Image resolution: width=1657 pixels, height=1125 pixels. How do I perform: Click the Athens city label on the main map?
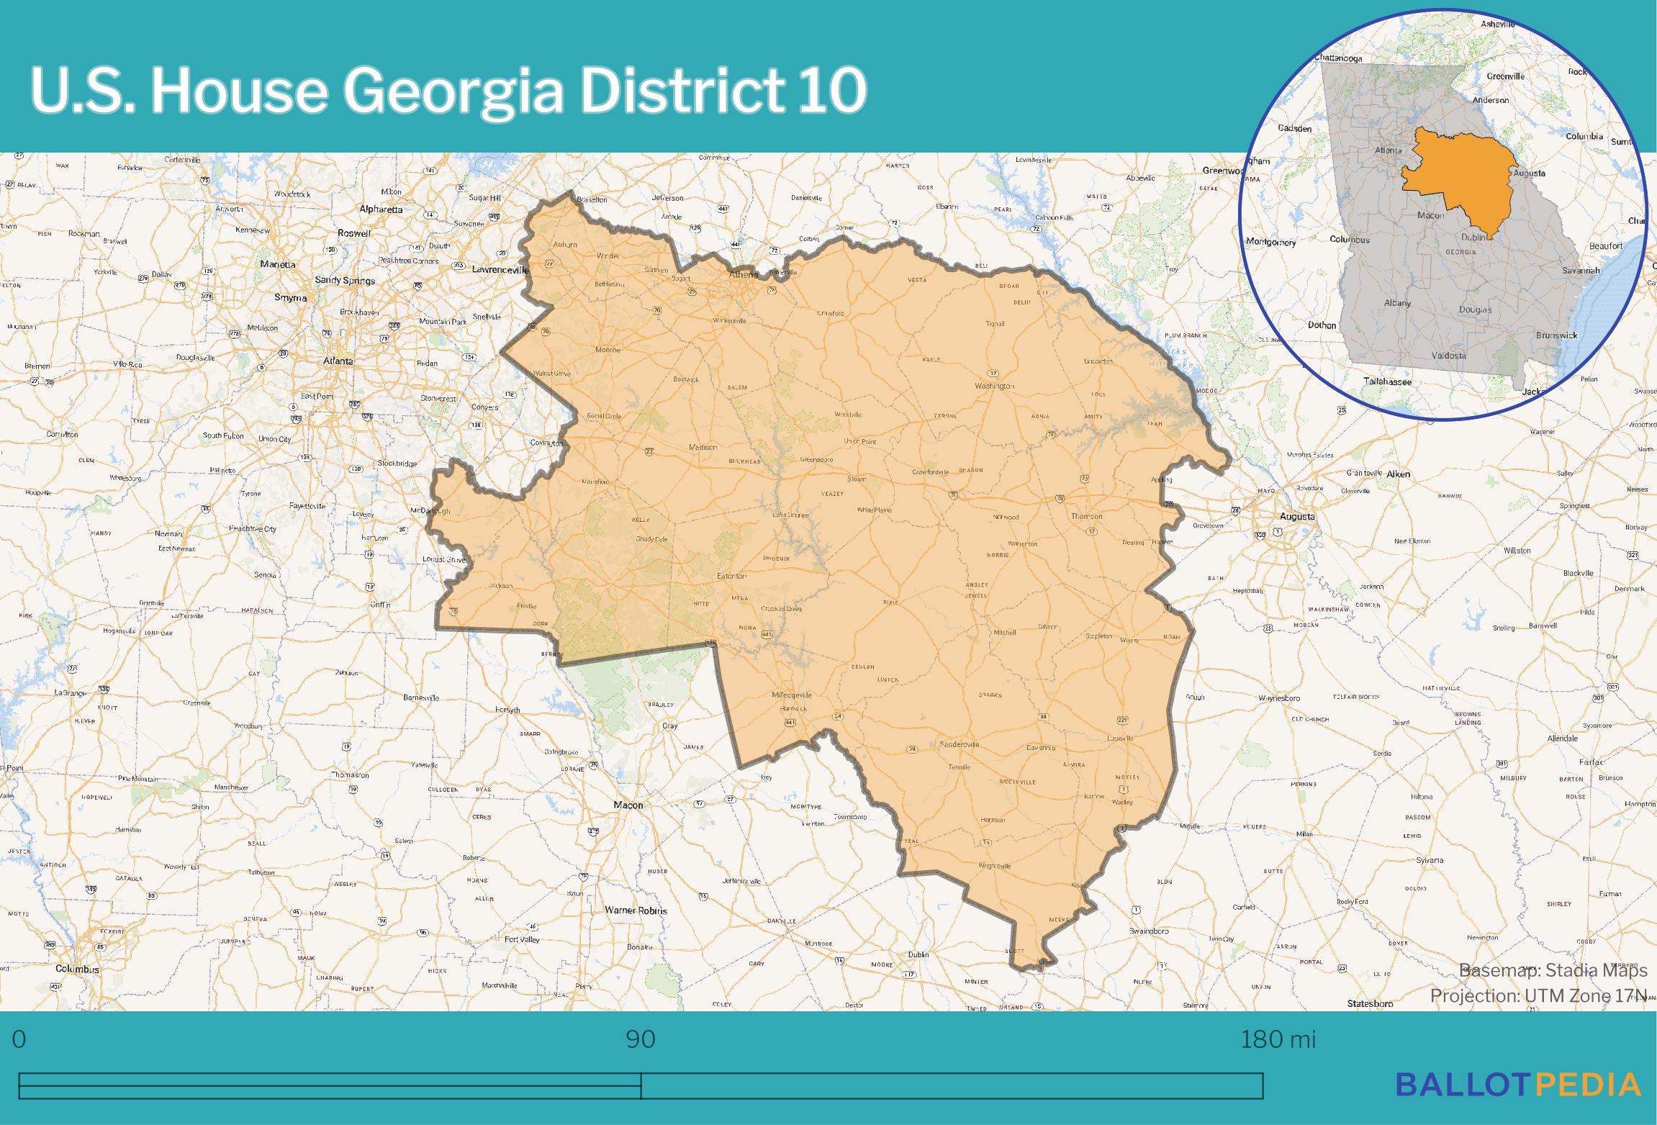tap(742, 274)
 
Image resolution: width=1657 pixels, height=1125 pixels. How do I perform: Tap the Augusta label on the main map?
tap(1297, 516)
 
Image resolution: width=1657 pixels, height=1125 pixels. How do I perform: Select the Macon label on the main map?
tap(628, 805)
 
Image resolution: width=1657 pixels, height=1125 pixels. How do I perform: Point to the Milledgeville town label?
tap(791, 695)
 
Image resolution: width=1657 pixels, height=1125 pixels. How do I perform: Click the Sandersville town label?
tap(960, 745)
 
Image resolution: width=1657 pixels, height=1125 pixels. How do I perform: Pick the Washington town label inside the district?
tap(994, 386)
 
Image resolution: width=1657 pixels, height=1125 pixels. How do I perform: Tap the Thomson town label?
tap(1086, 516)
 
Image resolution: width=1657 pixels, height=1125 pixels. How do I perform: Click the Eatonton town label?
tap(731, 576)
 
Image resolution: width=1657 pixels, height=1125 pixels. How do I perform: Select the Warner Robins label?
tap(636, 911)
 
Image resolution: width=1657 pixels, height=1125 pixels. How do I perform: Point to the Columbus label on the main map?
tap(78, 969)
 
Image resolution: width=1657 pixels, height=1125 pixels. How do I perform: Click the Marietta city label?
tap(278, 264)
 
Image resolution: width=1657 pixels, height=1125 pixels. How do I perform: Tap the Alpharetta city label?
tap(381, 209)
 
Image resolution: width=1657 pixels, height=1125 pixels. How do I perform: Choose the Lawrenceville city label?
tap(500, 270)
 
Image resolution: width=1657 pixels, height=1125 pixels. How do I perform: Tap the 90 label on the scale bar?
tap(640, 1039)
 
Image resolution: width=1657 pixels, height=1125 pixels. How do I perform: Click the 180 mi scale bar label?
tap(1278, 1039)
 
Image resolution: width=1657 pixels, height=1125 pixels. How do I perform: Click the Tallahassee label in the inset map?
tap(1387, 382)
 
